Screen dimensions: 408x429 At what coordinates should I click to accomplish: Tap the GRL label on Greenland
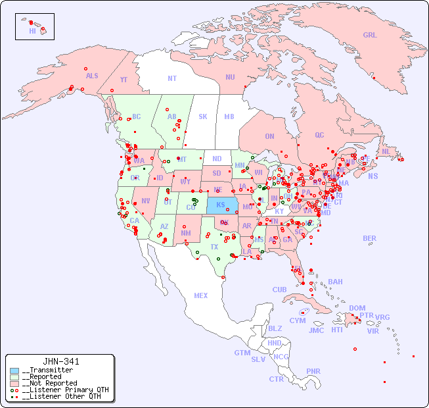pos(370,36)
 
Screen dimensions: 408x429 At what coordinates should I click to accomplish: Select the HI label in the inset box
pos(32,31)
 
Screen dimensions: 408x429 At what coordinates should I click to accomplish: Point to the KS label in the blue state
pos(220,204)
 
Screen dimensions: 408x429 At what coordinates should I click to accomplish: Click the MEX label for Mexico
pos(200,295)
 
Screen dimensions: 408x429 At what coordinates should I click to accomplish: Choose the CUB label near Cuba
pos(279,290)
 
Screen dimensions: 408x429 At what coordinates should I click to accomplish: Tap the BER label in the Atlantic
pos(369,238)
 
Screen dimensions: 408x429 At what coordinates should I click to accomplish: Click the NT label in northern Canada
pos(171,78)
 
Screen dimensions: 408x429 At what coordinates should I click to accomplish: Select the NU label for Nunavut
pos(230,77)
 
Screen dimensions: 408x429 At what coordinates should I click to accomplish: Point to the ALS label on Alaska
pos(92,76)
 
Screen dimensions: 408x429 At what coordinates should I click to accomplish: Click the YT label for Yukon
pos(124,80)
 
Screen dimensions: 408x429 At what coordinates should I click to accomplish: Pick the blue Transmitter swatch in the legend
pos(14,370)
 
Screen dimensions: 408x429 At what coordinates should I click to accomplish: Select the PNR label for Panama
pos(313,371)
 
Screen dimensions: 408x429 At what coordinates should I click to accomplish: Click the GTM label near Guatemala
pos(242,353)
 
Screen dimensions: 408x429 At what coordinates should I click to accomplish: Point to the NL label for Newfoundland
pos(386,151)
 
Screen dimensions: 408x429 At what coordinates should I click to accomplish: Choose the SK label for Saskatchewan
pos(202,116)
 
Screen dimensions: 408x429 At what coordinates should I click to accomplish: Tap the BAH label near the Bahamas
pos(335,282)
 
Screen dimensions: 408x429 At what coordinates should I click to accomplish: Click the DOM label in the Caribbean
pos(357,308)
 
